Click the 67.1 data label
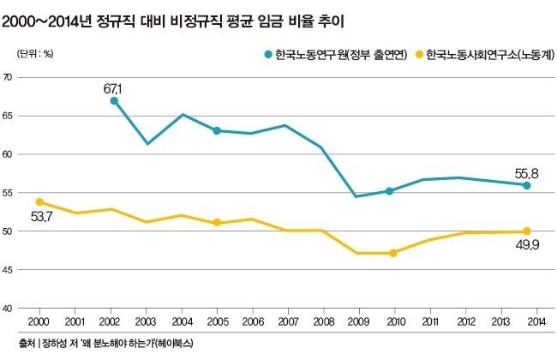(115, 88)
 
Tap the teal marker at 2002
(115, 101)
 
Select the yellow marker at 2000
(39, 202)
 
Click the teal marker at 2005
(217, 131)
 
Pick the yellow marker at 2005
(217, 223)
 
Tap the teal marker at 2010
(390, 191)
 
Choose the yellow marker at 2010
(392, 253)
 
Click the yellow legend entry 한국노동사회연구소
(485, 54)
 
